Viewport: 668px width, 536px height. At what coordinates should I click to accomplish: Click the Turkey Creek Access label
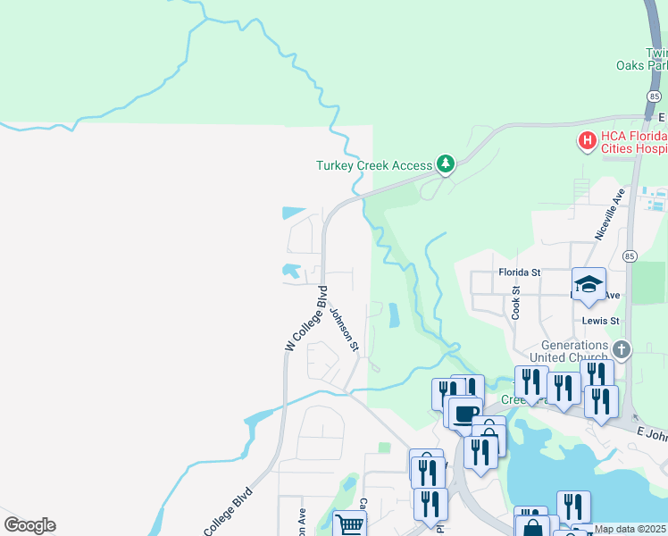click(x=373, y=165)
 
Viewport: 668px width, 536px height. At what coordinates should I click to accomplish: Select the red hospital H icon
click(x=587, y=140)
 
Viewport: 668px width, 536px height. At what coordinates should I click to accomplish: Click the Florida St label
click(x=520, y=272)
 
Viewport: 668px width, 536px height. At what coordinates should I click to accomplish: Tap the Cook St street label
click(x=516, y=303)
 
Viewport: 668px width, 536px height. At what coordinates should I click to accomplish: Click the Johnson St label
click(x=344, y=329)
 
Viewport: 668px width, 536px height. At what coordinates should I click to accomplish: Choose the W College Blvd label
click(x=305, y=319)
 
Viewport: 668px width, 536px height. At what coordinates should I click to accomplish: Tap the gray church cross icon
click(x=622, y=350)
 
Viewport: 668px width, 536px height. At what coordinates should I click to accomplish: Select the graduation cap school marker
click(x=589, y=284)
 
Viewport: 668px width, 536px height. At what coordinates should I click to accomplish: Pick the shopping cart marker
click(x=349, y=524)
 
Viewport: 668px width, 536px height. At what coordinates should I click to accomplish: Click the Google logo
click(x=29, y=525)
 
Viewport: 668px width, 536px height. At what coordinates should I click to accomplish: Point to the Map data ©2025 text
click(x=630, y=529)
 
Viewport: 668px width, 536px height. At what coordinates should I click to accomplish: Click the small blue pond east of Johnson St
click(x=394, y=315)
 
